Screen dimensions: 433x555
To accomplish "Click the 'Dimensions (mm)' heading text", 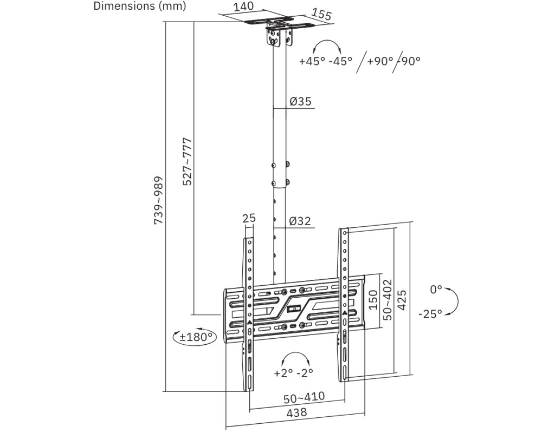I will pyautogui.click(x=140, y=6).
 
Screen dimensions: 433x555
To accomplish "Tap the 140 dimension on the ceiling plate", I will pyautogui.click(x=243, y=7).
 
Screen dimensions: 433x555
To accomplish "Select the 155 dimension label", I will pyautogui.click(x=322, y=14).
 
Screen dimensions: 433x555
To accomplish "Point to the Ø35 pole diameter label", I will pyautogui.click(x=300, y=101).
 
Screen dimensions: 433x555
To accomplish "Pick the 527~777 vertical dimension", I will pyautogui.click(x=187, y=162).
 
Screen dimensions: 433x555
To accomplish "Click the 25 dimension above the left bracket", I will pyautogui.click(x=249, y=218).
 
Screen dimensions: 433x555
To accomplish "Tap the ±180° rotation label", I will pyautogui.click(x=195, y=337).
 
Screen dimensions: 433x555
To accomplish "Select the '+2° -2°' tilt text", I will pyautogui.click(x=294, y=373).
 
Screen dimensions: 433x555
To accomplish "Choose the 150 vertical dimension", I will pyautogui.click(x=373, y=299).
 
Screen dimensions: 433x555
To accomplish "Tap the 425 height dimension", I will pyautogui.click(x=402, y=299).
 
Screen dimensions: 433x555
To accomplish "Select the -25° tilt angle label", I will pyautogui.click(x=430, y=313).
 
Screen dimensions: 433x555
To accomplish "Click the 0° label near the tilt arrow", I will pyautogui.click(x=436, y=290).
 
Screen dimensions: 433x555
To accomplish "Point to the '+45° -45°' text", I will pyautogui.click(x=325, y=61).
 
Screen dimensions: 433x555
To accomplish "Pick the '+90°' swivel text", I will pyautogui.click(x=380, y=61).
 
